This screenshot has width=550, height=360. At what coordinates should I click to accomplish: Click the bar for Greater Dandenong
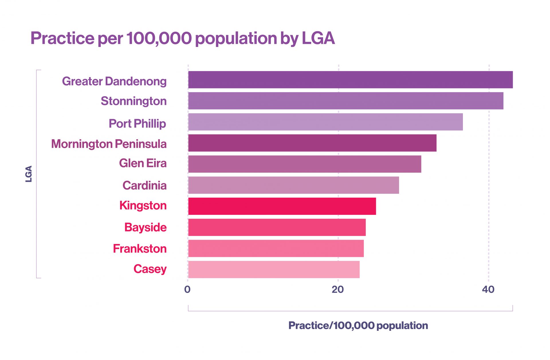(x=350, y=80)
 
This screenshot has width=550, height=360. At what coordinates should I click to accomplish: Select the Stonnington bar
(x=345, y=101)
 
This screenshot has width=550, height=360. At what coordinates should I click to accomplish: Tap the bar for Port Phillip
(x=325, y=122)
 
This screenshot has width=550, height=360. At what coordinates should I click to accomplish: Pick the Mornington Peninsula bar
(x=312, y=143)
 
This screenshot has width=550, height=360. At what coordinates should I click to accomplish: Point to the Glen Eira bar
(x=305, y=164)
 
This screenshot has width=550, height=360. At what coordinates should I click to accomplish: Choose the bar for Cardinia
(x=293, y=185)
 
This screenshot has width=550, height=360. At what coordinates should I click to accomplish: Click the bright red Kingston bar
(x=282, y=206)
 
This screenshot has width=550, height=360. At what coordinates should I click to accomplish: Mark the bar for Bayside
(x=277, y=227)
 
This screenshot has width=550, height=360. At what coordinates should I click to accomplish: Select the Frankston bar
(x=276, y=248)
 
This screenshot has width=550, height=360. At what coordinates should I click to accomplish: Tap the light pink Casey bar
(x=274, y=269)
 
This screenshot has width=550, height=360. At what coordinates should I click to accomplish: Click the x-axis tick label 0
(x=187, y=290)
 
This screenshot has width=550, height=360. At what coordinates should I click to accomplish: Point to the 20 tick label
(x=338, y=290)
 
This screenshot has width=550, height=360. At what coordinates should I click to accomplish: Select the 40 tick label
(x=488, y=290)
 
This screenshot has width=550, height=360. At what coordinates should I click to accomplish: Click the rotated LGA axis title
(x=29, y=174)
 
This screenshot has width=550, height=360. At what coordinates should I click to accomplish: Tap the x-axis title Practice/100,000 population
(x=358, y=326)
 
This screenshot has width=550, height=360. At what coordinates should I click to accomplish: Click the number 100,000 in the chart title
(x=159, y=38)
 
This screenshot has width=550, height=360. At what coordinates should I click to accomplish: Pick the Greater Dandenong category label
(x=114, y=81)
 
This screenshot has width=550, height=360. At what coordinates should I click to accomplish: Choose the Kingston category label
(x=143, y=206)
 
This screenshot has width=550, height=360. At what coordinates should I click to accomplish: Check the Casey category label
(x=150, y=269)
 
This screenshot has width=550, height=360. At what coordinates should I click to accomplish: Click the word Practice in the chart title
(x=62, y=38)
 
